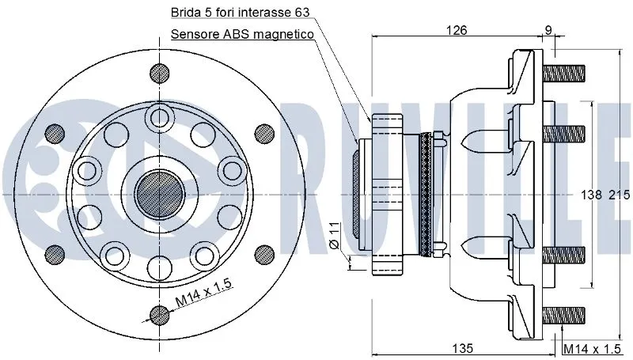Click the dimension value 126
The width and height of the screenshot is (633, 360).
(457, 30)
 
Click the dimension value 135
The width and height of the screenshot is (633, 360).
(464, 348)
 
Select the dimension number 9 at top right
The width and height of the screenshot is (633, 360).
(548, 30)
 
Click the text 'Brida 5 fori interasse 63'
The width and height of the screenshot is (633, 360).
(235, 13)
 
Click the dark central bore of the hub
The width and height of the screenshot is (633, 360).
(161, 193)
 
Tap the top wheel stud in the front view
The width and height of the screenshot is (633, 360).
(161, 72)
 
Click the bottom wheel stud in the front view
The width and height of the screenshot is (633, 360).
(161, 315)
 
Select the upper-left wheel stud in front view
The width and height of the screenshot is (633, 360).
(55, 132)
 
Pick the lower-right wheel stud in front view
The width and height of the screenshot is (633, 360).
(263, 253)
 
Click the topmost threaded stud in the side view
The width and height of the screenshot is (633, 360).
(563, 73)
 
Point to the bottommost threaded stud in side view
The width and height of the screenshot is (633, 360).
(563, 314)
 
